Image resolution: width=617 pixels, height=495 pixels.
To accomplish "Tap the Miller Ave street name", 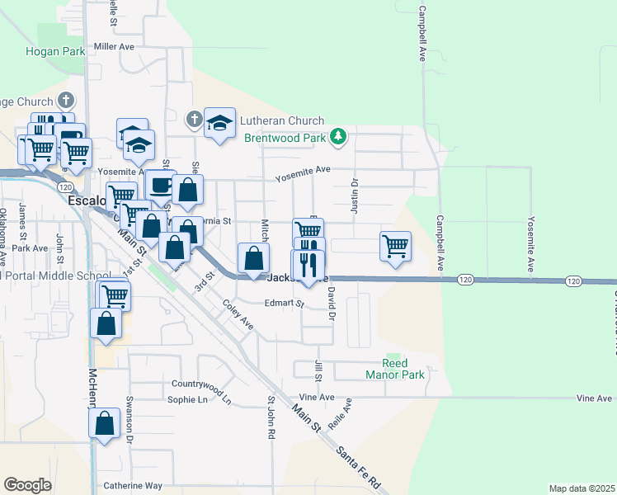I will point(114,47).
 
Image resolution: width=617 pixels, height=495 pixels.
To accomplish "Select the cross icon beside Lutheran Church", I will point(194,120).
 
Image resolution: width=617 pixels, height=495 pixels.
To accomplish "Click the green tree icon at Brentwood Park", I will point(337,137).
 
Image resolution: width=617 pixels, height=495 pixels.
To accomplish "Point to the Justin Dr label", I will point(355,196).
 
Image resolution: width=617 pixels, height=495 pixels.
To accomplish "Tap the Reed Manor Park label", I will point(395,369).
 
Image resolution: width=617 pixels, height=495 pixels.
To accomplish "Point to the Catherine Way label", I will point(133,486).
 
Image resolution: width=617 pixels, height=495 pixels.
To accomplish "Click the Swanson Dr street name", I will point(130,424).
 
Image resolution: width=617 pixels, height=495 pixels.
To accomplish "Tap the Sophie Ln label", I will point(187,400).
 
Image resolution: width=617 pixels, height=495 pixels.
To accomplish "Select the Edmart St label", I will point(285,303).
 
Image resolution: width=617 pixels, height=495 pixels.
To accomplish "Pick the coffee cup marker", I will point(161,184).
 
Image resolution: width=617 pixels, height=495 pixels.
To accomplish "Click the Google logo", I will point(27,485).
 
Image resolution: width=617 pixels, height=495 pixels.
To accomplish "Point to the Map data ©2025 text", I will point(581,488).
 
